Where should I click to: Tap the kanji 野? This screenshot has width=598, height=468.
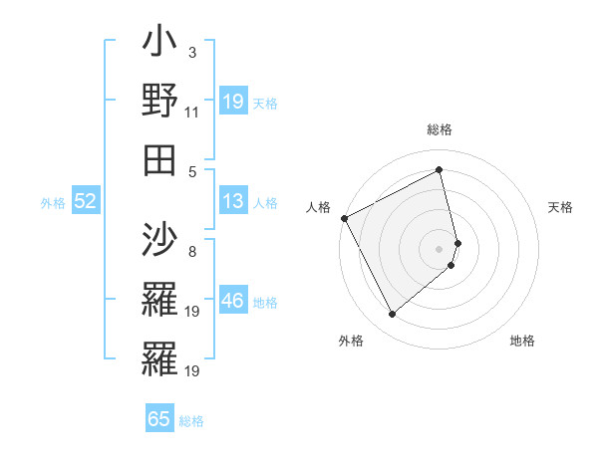159,102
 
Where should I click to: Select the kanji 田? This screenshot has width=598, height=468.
159,159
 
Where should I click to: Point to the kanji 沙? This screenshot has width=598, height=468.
159,240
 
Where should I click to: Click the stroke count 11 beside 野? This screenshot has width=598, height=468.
192,113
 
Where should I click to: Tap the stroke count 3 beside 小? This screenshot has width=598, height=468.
192,51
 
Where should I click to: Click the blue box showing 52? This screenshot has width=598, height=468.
85,202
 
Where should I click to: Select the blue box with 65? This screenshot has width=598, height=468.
159,419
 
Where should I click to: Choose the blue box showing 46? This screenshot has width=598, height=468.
233,301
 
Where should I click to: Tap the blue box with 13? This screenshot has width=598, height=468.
233,202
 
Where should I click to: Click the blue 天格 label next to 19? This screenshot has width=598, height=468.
265,103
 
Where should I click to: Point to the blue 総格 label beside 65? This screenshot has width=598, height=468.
191,421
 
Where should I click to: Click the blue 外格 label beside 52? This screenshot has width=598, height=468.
53,203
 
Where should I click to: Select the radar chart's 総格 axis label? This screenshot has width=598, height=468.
440,129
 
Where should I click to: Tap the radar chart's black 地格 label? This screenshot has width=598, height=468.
522,341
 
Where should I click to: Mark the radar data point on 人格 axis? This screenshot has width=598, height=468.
344,218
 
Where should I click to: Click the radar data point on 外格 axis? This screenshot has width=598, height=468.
392,315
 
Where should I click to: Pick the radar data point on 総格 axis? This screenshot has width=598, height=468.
440,169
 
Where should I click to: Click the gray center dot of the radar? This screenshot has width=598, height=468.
440,248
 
